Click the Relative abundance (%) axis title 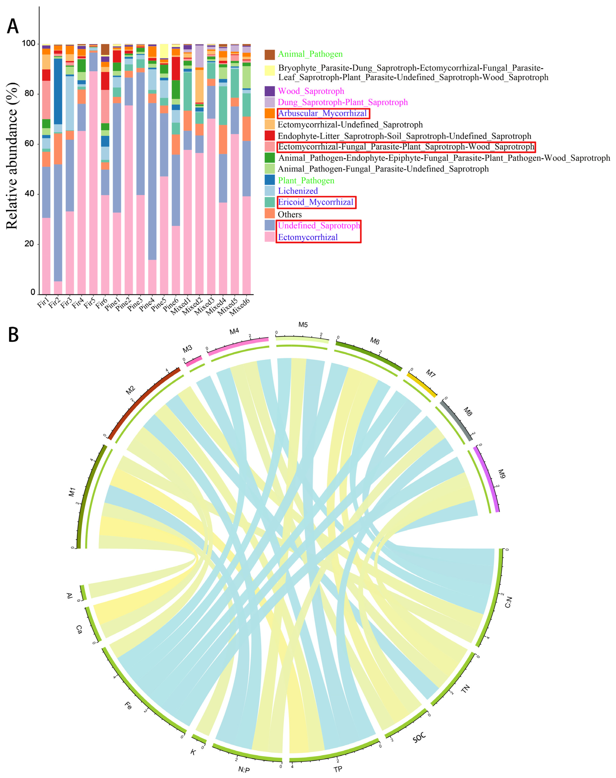pyautogui.click(x=12, y=156)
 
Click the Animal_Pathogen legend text pyautogui.click(x=310, y=54)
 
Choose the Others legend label pyautogui.click(x=290, y=214)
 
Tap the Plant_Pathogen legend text pyautogui.click(x=306, y=181)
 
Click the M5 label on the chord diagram pyautogui.click(x=303, y=325)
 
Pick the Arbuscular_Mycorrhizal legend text pyautogui.click(x=322, y=113)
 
